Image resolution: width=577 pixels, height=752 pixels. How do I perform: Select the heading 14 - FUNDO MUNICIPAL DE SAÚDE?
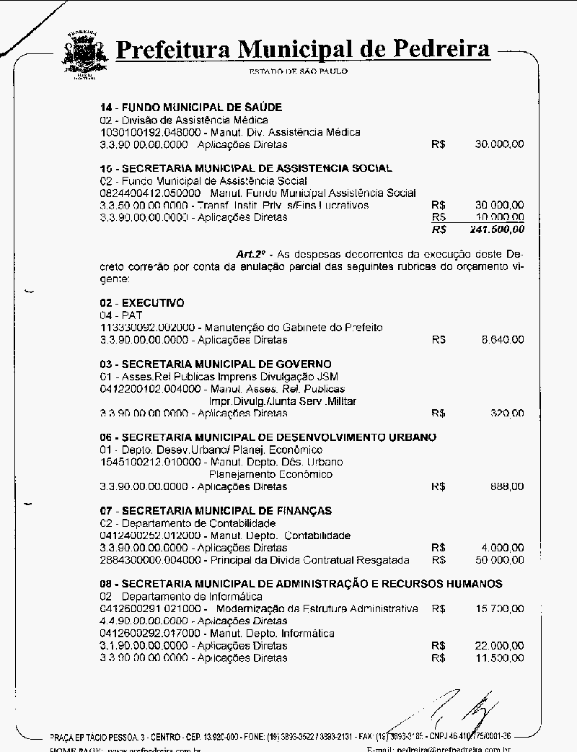tap(190, 108)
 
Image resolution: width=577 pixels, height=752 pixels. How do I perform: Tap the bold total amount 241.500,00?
tap(497, 229)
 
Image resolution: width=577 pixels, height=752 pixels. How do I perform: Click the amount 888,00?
tap(508, 486)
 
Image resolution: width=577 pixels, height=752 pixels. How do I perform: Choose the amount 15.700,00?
tap(500, 609)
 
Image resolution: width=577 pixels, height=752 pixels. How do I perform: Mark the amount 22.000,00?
tap(500, 646)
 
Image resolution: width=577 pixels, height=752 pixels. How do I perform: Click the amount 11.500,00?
tap(500, 658)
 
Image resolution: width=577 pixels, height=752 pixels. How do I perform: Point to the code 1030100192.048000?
tap(144, 132)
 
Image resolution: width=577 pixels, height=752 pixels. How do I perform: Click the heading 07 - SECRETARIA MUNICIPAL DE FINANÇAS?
tap(216, 511)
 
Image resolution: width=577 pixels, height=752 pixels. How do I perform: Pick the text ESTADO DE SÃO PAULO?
tap(298, 71)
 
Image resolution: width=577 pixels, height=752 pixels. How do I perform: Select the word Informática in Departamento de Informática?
tap(234, 597)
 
